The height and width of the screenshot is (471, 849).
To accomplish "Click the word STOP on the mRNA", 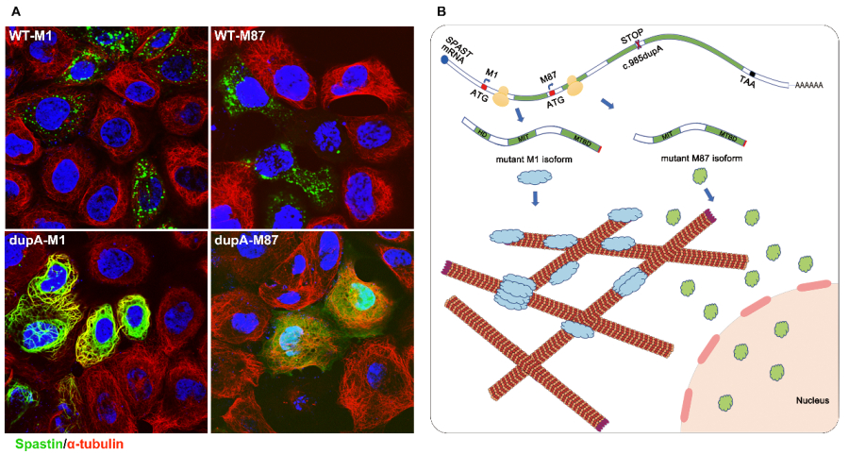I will [x=632, y=36].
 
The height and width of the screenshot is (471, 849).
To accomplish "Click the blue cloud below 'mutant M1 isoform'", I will [x=534, y=178].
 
